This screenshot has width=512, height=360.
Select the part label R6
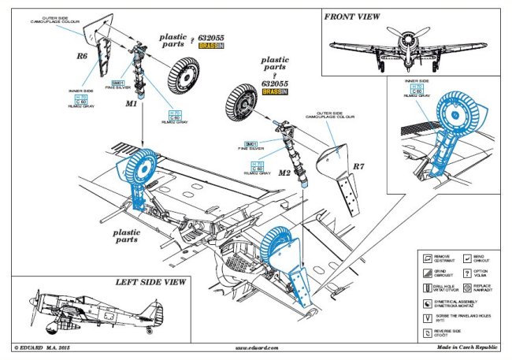[81, 56]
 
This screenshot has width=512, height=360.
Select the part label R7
[358, 166]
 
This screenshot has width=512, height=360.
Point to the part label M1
[132, 102]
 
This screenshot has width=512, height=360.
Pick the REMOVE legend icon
[426, 258]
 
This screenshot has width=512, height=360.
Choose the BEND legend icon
[466, 258]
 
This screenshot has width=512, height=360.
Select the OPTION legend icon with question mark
[466, 273]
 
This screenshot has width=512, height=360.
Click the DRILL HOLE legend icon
[426, 288]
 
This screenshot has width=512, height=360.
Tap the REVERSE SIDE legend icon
[426, 332]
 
